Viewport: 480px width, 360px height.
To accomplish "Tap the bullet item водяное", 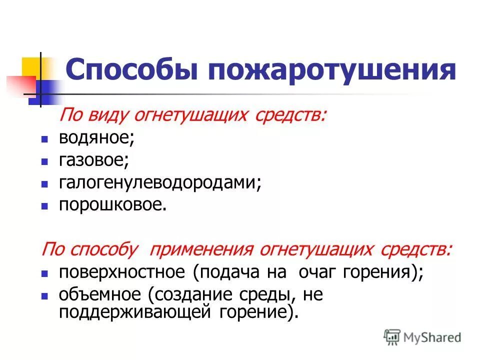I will pyautogui.click(x=96, y=138).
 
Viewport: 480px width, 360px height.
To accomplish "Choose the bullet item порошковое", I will pyautogui.click(x=112, y=204).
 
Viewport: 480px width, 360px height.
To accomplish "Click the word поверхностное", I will pyautogui.click(x=122, y=272).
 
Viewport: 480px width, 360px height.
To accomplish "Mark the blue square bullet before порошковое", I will pyautogui.click(x=44, y=205).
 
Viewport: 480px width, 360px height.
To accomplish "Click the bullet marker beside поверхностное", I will pyautogui.click(x=44, y=273).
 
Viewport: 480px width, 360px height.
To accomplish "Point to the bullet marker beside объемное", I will pyautogui.click(x=44, y=295).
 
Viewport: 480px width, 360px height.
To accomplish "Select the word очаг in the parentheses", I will pyautogui.click(x=318, y=272).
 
